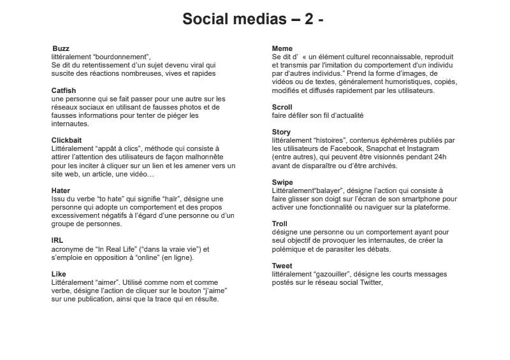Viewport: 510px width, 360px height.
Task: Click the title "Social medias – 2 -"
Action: (254, 19)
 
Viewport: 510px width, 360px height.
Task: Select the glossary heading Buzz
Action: (61, 48)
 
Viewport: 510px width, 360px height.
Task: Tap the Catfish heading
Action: (64, 90)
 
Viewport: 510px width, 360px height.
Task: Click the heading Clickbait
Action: (66, 139)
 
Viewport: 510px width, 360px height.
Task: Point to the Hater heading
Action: (61, 190)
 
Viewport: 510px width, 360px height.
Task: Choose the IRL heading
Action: (57, 240)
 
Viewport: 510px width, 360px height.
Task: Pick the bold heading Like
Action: (58, 274)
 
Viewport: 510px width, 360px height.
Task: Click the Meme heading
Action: (282, 48)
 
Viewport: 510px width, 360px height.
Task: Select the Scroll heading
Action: (282, 108)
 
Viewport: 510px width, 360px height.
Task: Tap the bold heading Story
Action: (281, 133)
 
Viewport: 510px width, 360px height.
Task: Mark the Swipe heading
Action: (282, 182)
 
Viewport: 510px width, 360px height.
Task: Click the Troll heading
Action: (280, 224)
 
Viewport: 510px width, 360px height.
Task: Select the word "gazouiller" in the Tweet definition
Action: (331, 274)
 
